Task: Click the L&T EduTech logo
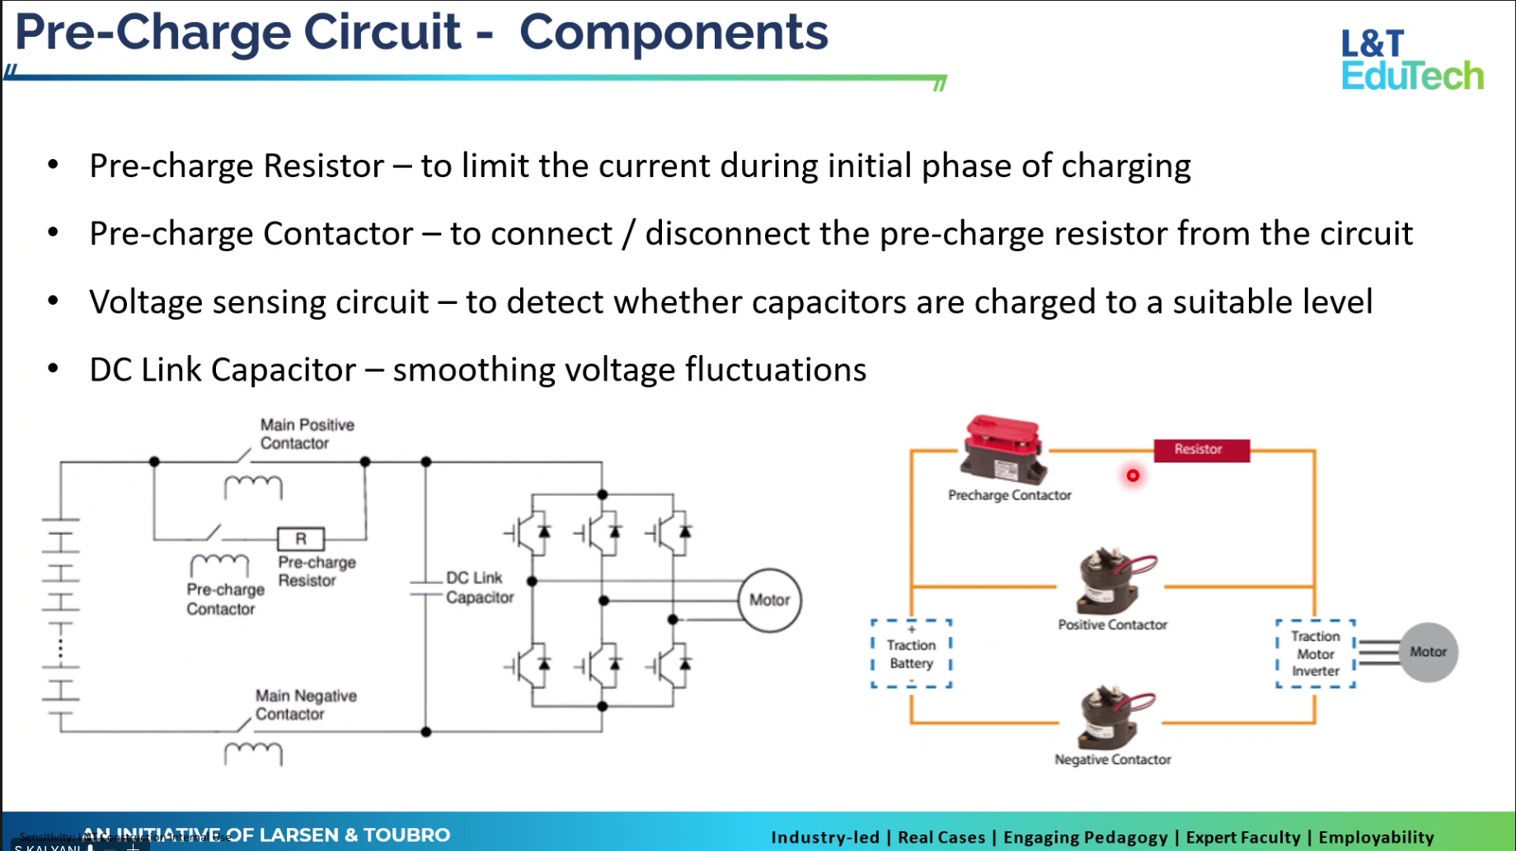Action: [1411, 59]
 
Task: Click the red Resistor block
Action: [1201, 450]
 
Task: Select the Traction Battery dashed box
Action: [911, 654]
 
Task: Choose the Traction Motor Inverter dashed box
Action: [1315, 654]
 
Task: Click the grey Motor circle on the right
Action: [1428, 652]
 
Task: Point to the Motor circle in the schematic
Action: [769, 601]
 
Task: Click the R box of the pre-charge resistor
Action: [301, 539]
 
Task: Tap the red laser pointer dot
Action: [1133, 475]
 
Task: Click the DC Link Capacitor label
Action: [479, 587]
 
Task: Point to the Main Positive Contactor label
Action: [307, 434]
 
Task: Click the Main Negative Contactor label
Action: [305, 705]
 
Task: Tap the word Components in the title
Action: [673, 33]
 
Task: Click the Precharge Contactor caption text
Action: [1009, 495]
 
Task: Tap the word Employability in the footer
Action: [1376, 837]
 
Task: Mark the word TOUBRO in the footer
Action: [406, 835]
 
